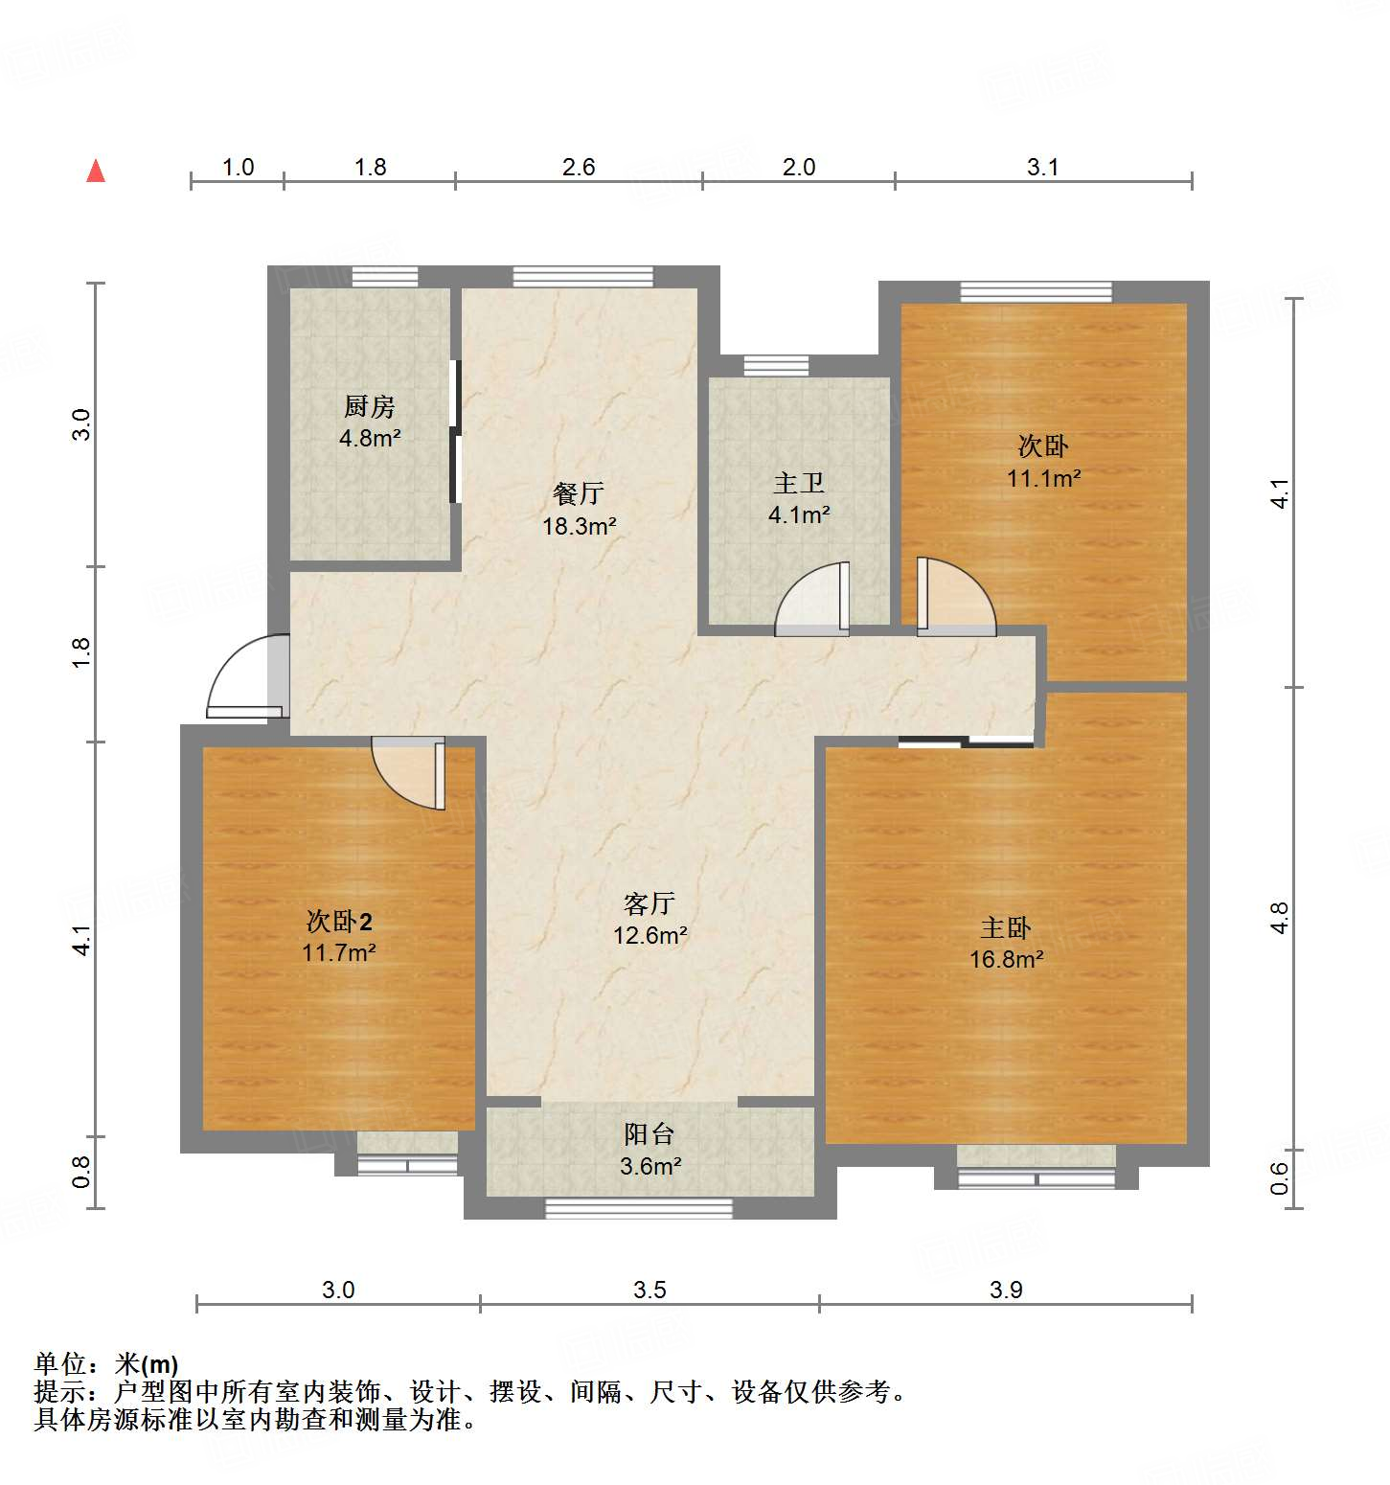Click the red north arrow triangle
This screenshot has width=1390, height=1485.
pyautogui.click(x=96, y=171)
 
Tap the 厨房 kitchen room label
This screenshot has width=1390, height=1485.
pyautogui.click(x=369, y=407)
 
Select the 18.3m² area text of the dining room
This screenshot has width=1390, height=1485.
pyautogui.click(x=579, y=526)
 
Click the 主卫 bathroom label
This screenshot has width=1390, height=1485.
pyautogui.click(x=798, y=484)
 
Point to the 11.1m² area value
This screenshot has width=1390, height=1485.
pyautogui.click(x=1043, y=478)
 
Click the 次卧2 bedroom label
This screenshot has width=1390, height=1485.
pyautogui.click(x=339, y=922)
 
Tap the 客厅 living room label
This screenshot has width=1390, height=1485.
pyautogui.click(x=649, y=903)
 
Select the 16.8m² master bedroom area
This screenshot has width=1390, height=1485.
pyautogui.click(x=1006, y=959)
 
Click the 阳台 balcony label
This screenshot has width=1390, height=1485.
pyautogui.click(x=649, y=1134)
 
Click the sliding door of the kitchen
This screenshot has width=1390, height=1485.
pyautogui.click(x=455, y=431)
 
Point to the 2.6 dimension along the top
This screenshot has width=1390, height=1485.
pyautogui.click(x=579, y=168)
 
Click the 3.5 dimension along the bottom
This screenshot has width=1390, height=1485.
pyautogui.click(x=649, y=1290)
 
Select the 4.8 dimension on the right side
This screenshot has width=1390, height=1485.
pyautogui.click(x=1279, y=918)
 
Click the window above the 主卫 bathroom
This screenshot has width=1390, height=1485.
pyautogui.click(x=776, y=365)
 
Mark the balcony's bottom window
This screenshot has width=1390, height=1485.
pyautogui.click(x=638, y=1208)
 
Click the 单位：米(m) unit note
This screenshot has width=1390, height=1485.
pyautogui.click(x=106, y=1363)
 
